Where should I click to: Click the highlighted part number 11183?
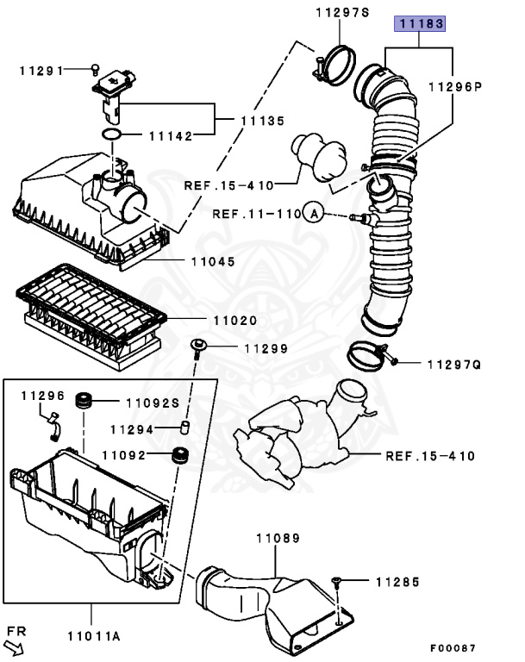[x=421, y=23]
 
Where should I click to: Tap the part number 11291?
[x=41, y=70]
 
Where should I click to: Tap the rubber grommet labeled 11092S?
[x=85, y=401]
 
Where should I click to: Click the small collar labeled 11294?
[x=184, y=428]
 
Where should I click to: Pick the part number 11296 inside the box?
[x=43, y=396]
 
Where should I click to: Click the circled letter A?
[x=314, y=213]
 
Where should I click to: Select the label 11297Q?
[x=453, y=365]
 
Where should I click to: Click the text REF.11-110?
[x=257, y=213]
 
